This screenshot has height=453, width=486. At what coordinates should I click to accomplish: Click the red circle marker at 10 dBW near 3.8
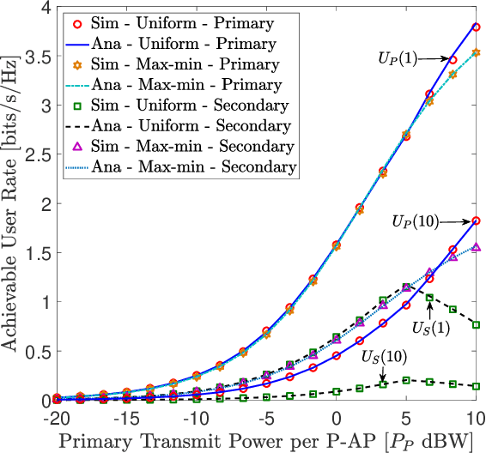coord(475,27)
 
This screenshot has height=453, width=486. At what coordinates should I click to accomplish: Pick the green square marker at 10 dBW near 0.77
coord(475,324)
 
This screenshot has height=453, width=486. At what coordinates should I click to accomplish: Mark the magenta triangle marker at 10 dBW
coord(475,247)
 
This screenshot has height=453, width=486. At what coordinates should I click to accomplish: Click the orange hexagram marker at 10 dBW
coord(475,52)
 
